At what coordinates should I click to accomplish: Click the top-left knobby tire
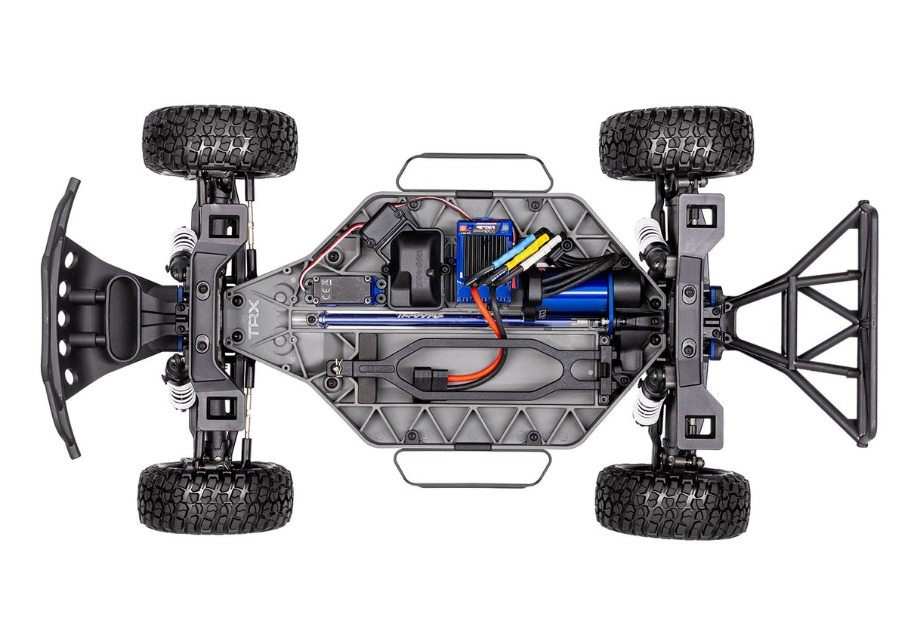click(x=220, y=141)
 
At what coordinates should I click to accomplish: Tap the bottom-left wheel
click(x=215, y=498)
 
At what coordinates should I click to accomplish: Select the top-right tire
click(x=676, y=142)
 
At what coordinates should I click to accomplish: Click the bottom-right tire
click(x=672, y=501)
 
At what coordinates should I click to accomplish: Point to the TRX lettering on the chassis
click(x=254, y=319)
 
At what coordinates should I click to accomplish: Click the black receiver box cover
click(x=416, y=257)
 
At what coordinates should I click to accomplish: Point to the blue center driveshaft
click(x=393, y=320)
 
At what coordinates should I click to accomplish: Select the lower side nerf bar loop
click(x=472, y=468)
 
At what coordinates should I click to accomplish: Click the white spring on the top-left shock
click(x=183, y=240)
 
